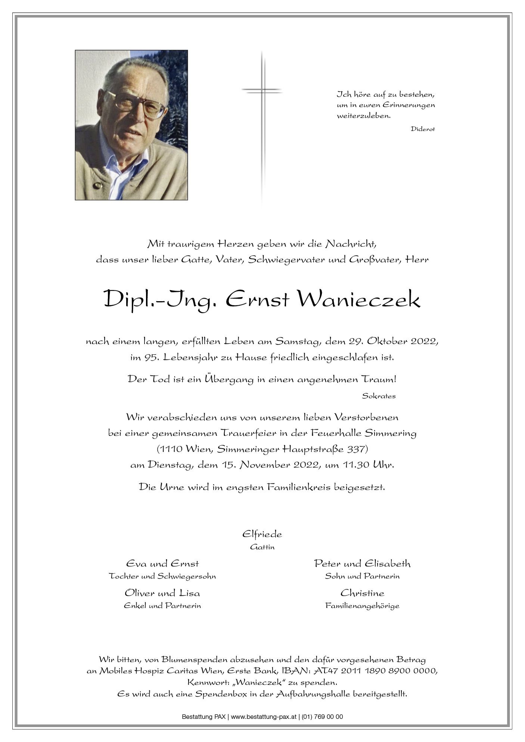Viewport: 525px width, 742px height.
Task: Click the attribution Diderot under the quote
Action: pos(423,129)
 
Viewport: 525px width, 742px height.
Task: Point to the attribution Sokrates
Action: pos(378,396)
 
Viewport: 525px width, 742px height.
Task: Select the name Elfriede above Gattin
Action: pos(262,534)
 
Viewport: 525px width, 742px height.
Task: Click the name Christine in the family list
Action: pos(362,593)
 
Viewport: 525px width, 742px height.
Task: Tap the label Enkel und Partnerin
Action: pos(162,606)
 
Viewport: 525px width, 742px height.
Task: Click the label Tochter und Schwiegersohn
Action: pos(162,576)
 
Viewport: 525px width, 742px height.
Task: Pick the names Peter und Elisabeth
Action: pos(362,564)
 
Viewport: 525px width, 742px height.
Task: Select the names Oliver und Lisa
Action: pos(162,593)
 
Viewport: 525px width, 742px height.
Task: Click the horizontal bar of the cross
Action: pos(261,90)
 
